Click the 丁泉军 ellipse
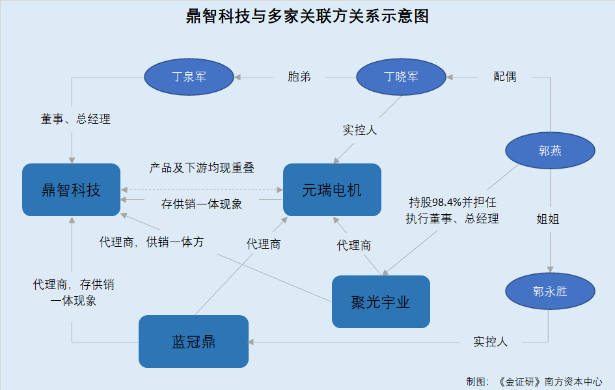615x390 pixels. pyautogui.click(x=189, y=77)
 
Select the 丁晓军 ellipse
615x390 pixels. pyautogui.click(x=401, y=77)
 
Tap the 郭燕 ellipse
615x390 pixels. pyautogui.click(x=550, y=150)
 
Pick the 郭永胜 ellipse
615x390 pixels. pyautogui.click(x=550, y=291)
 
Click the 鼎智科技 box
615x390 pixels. pyautogui.click(x=71, y=190)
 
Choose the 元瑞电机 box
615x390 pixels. pyautogui.click(x=332, y=190)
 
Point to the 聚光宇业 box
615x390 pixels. pyautogui.click(x=381, y=301)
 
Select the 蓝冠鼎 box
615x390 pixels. pyautogui.click(x=193, y=341)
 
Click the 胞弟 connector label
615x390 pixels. pyautogui.click(x=299, y=77)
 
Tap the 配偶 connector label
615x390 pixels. pyautogui.click(x=505, y=77)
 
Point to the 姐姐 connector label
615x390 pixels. pyautogui.click(x=548, y=219)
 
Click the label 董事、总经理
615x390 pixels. pyautogui.click(x=75, y=119)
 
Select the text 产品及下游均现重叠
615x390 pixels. pyautogui.click(x=202, y=168)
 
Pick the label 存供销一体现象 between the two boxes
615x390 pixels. pyautogui.click(x=202, y=204)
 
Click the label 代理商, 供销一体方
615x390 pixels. pyautogui.click(x=152, y=242)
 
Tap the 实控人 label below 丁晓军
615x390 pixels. pyautogui.click(x=360, y=130)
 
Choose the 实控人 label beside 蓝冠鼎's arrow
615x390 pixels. pyautogui.click(x=491, y=342)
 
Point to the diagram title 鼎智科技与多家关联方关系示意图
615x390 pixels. pyautogui.click(x=307, y=16)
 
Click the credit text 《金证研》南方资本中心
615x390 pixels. pyautogui.click(x=549, y=382)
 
